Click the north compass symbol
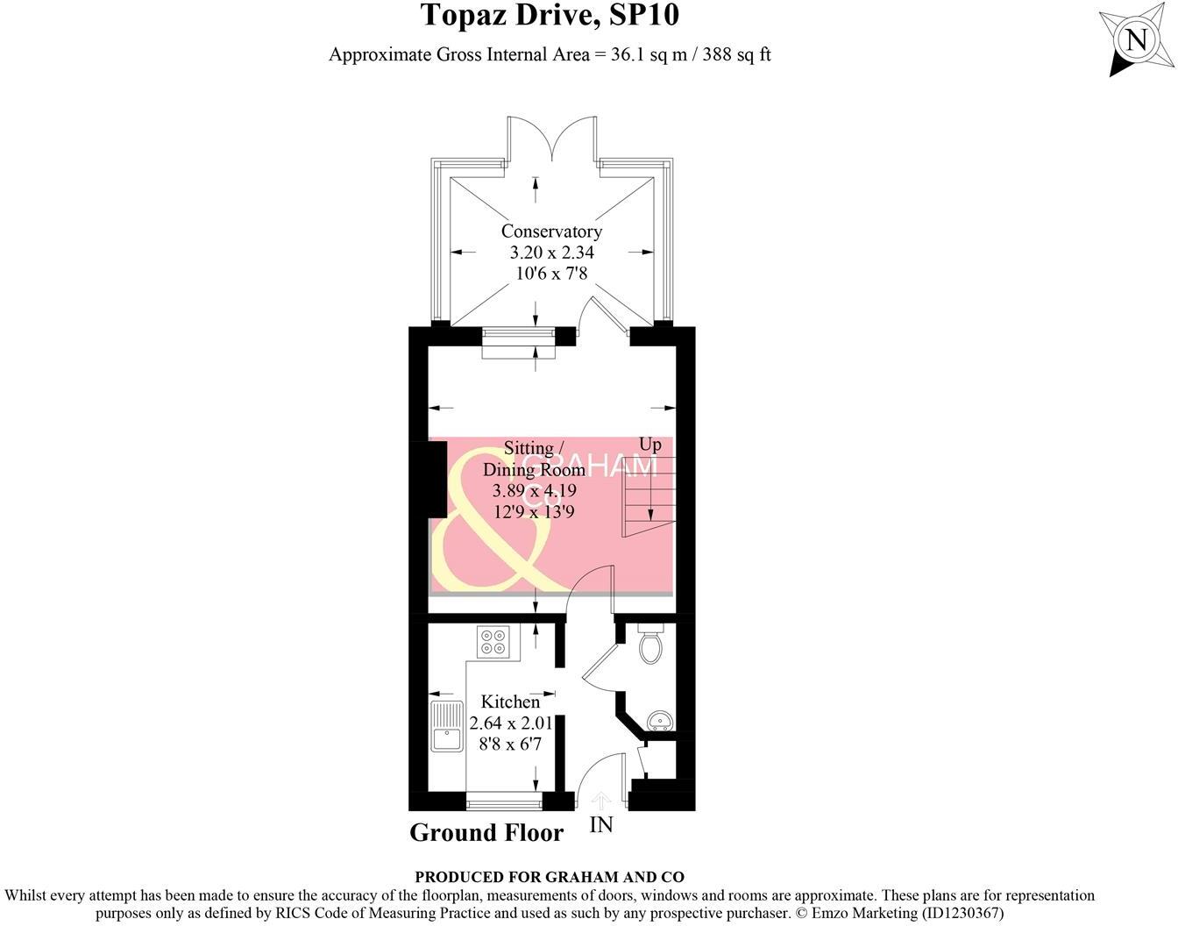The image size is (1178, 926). pyautogui.click(x=1136, y=40)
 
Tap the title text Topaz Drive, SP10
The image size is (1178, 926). pyautogui.click(x=550, y=16)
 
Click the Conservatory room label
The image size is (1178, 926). pyautogui.click(x=551, y=231)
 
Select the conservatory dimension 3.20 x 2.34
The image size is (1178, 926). pyautogui.click(x=551, y=253)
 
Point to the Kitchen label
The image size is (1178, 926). pyautogui.click(x=510, y=702)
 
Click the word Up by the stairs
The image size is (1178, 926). pyautogui.click(x=649, y=445)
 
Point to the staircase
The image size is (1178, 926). pyautogui.click(x=649, y=495)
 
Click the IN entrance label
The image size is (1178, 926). pyautogui.click(x=601, y=825)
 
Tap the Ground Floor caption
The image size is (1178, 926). pyautogui.click(x=486, y=832)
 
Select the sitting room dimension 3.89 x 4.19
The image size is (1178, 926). pyautogui.click(x=534, y=491)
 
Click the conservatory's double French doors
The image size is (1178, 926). pyautogui.click(x=552, y=140)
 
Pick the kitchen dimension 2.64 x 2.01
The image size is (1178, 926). pyautogui.click(x=511, y=723)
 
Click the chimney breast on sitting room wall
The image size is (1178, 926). pyautogui.click(x=436, y=484)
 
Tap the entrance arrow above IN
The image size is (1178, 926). pyautogui.click(x=601, y=801)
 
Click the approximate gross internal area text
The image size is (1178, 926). pyautogui.click(x=550, y=54)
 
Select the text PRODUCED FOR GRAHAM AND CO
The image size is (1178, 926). pyautogui.click(x=550, y=877)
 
